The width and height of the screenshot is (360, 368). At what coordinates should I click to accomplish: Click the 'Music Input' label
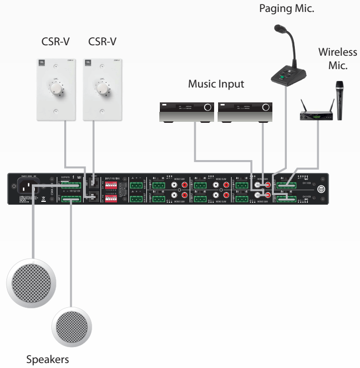(216, 84)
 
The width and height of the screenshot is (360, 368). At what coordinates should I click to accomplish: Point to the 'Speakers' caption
(47, 359)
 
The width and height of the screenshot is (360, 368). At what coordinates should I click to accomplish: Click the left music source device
(186, 112)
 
